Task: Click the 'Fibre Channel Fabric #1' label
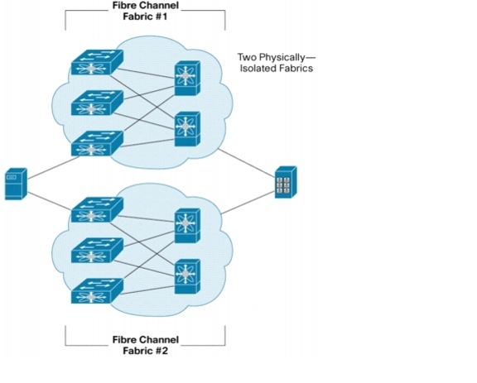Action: (146, 11)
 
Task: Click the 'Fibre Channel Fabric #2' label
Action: (146, 345)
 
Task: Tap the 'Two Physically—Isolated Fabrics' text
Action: (277, 63)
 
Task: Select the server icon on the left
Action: (16, 184)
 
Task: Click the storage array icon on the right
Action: (286, 182)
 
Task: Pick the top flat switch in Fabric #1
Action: (97, 62)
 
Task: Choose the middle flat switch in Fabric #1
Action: (97, 103)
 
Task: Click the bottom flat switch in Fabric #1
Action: (97, 143)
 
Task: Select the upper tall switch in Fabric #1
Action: (187, 78)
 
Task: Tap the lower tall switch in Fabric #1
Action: (187, 129)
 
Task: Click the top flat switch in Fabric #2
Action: (97, 210)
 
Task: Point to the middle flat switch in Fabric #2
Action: (97, 250)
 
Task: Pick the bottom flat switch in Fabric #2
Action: (97, 291)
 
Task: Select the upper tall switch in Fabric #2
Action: (187, 226)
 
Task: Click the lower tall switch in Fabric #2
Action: (187, 276)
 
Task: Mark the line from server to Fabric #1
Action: (54, 167)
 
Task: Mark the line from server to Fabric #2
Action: (50, 201)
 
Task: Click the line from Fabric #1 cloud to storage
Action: (247, 163)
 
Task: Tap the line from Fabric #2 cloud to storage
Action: (248, 203)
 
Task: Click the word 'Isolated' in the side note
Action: (256, 68)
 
